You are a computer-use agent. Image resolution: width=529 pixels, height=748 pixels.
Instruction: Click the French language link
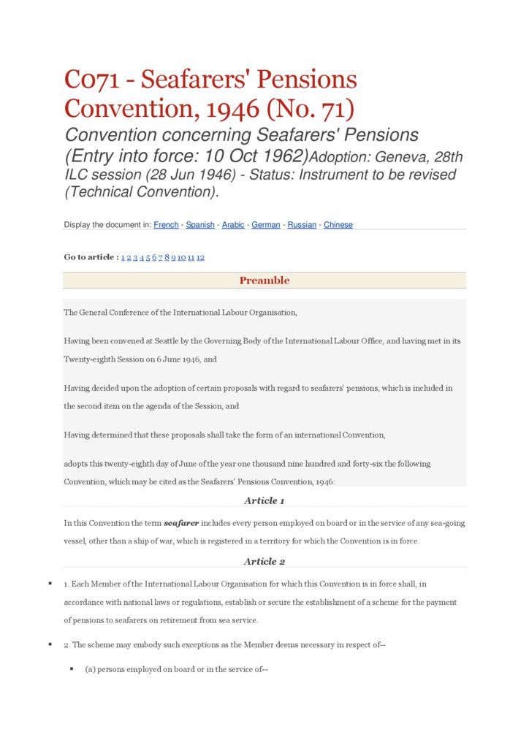(x=166, y=225)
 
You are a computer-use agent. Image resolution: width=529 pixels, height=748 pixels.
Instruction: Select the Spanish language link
(x=200, y=225)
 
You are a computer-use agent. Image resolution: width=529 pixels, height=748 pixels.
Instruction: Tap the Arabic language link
(x=233, y=225)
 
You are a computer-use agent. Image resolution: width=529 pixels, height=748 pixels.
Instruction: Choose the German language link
(x=266, y=225)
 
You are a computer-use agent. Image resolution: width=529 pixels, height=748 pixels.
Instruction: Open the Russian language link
(x=302, y=225)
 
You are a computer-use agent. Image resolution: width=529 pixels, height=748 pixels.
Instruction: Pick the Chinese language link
(x=338, y=225)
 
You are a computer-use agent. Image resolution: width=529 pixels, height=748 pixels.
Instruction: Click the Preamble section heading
(x=264, y=280)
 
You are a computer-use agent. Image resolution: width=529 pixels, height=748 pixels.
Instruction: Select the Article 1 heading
(x=264, y=500)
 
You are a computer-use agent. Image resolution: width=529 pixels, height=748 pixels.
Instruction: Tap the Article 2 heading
(x=264, y=561)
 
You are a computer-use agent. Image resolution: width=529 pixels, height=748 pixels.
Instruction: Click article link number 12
(x=200, y=257)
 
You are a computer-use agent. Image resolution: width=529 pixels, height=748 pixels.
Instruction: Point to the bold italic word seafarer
(x=182, y=523)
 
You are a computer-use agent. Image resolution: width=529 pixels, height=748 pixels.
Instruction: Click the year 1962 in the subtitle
(x=285, y=156)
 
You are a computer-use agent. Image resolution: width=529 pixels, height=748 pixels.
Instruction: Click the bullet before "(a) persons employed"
(x=72, y=668)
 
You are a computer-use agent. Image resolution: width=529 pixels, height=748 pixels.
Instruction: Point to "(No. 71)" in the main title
(x=310, y=109)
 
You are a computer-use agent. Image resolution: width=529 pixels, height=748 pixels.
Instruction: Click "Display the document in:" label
(x=107, y=225)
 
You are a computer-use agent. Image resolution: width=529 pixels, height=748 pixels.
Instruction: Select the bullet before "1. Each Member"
(x=50, y=584)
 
